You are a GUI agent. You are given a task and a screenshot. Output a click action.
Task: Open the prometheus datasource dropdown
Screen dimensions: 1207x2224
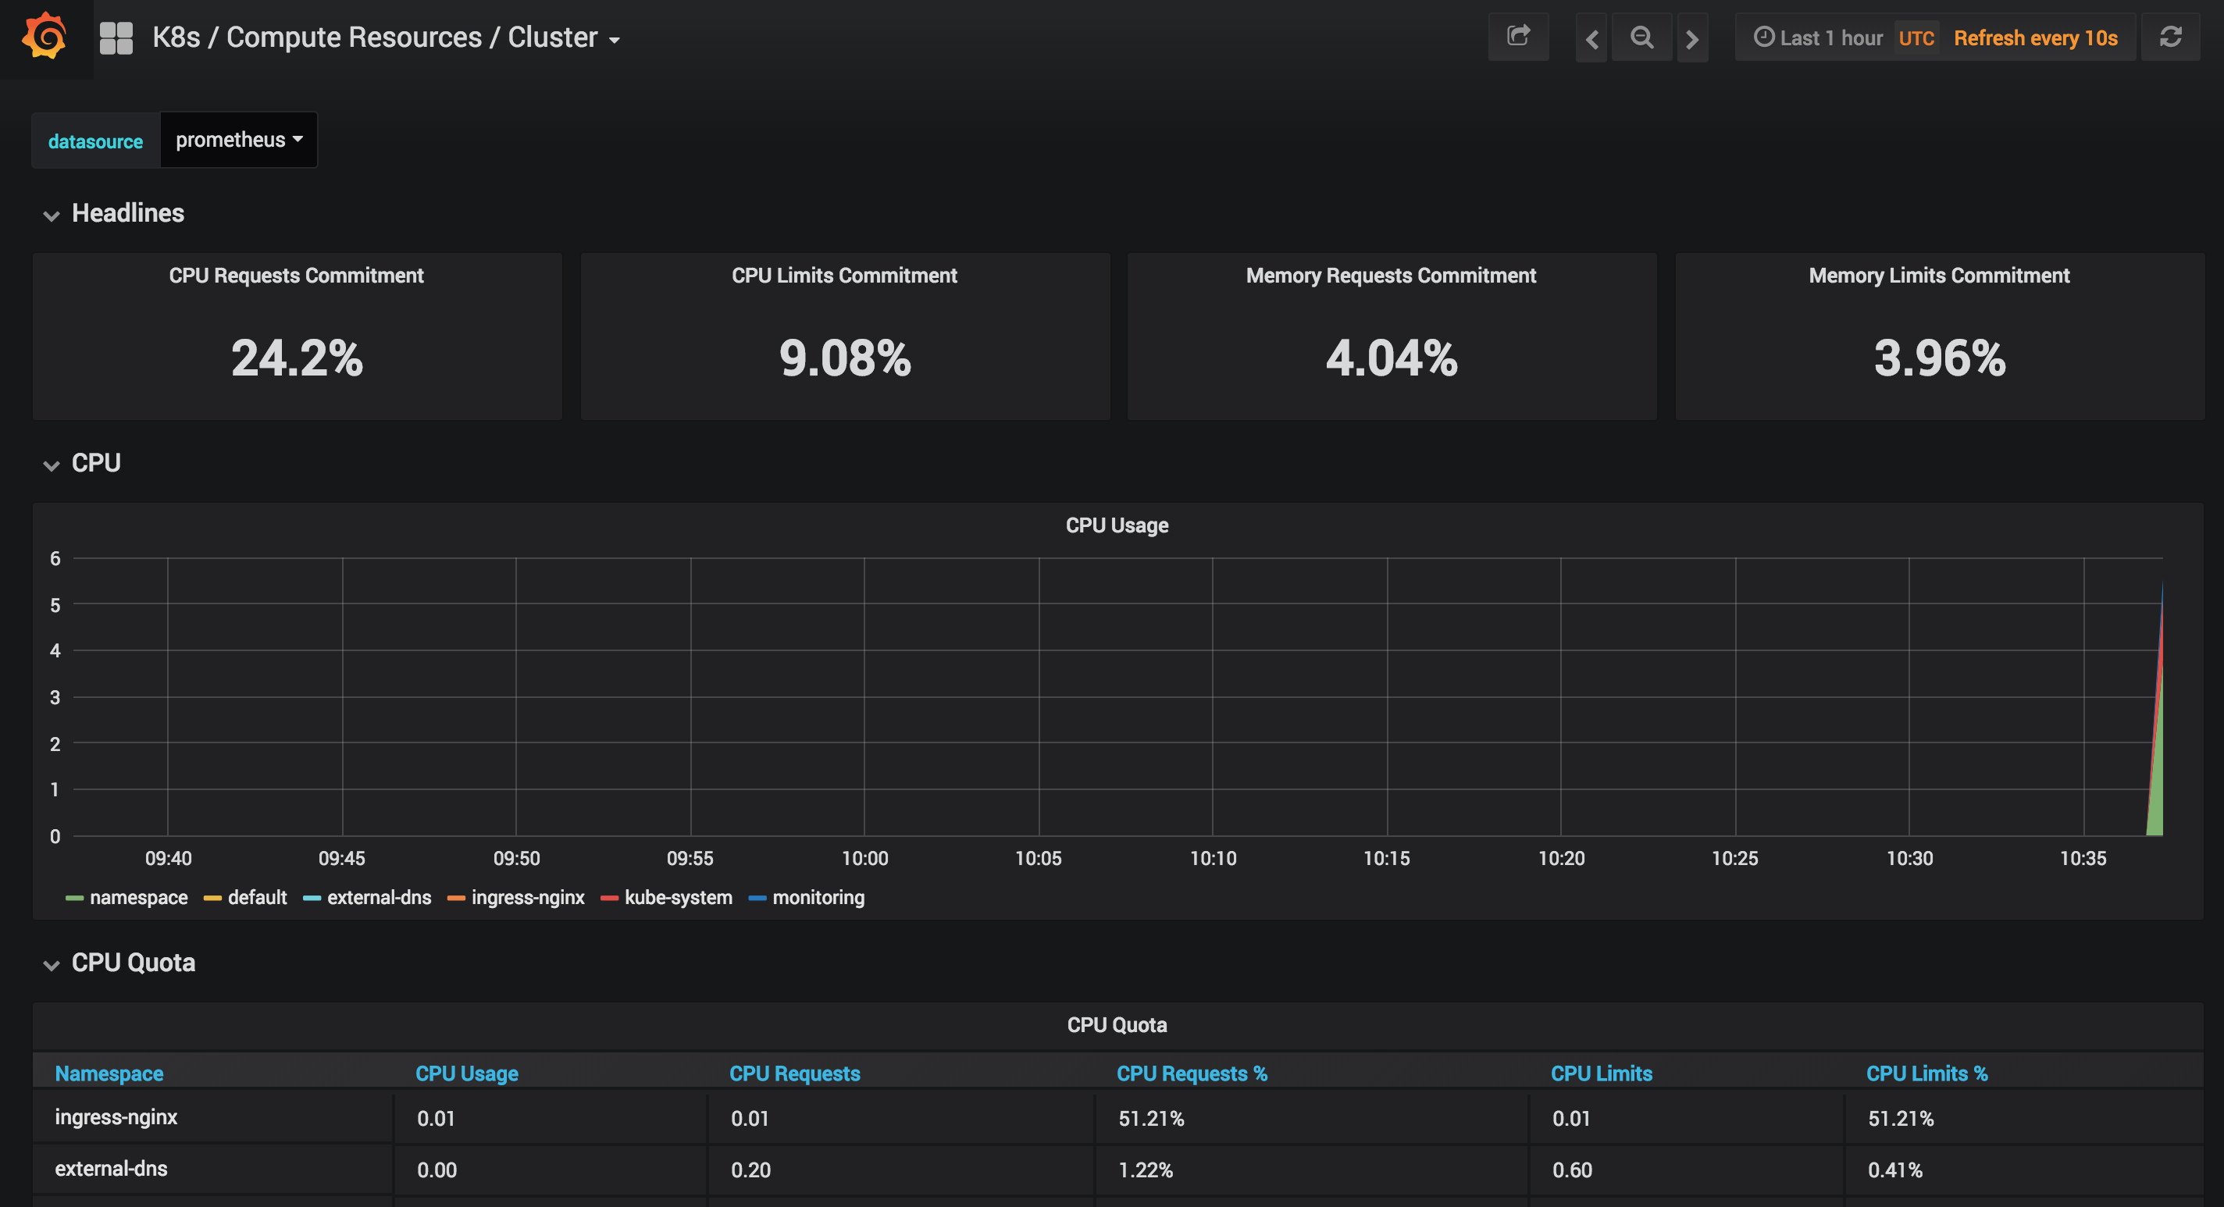click(x=238, y=140)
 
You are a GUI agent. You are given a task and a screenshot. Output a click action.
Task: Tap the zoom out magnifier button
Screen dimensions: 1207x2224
click(x=1641, y=37)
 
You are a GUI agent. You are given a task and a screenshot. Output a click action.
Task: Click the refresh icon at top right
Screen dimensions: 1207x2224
click(x=2169, y=37)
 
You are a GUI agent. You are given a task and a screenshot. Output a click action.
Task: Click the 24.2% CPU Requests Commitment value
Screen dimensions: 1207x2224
click(x=297, y=358)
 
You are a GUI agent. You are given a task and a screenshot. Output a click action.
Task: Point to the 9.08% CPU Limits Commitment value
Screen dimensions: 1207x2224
click(x=844, y=358)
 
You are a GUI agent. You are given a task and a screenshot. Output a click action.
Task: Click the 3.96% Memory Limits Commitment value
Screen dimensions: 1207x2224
click(x=1939, y=358)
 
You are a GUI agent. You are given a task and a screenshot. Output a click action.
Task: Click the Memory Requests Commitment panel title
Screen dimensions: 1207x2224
click(x=1391, y=276)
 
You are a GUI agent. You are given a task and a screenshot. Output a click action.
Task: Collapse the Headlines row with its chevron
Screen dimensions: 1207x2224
click(x=51, y=215)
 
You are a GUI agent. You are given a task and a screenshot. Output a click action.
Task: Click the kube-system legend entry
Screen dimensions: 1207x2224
click(x=677, y=897)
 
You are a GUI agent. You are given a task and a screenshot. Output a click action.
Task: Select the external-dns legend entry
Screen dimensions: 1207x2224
click(x=378, y=897)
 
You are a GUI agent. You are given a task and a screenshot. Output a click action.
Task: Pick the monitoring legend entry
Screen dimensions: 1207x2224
click(x=817, y=897)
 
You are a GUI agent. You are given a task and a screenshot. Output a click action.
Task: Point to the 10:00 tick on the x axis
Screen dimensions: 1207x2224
click(x=864, y=858)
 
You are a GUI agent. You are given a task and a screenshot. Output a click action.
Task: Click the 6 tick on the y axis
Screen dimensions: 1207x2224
click(x=55, y=558)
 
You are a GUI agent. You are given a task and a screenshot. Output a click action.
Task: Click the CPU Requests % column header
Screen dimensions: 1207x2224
click(x=1192, y=1073)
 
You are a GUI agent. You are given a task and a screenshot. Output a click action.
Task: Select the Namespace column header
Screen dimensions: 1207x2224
click(x=109, y=1073)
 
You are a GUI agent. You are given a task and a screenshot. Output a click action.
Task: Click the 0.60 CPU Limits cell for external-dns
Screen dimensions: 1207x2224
click(x=1571, y=1170)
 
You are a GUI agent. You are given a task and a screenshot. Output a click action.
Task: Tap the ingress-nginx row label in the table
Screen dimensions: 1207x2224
click(x=116, y=1116)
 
